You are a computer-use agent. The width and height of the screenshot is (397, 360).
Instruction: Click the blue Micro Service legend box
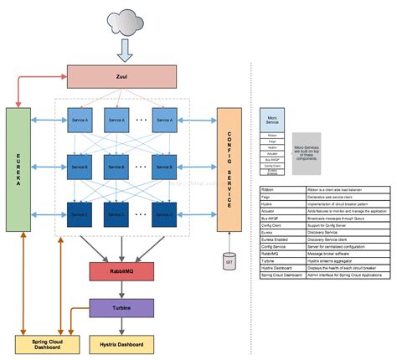coord(274,120)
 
